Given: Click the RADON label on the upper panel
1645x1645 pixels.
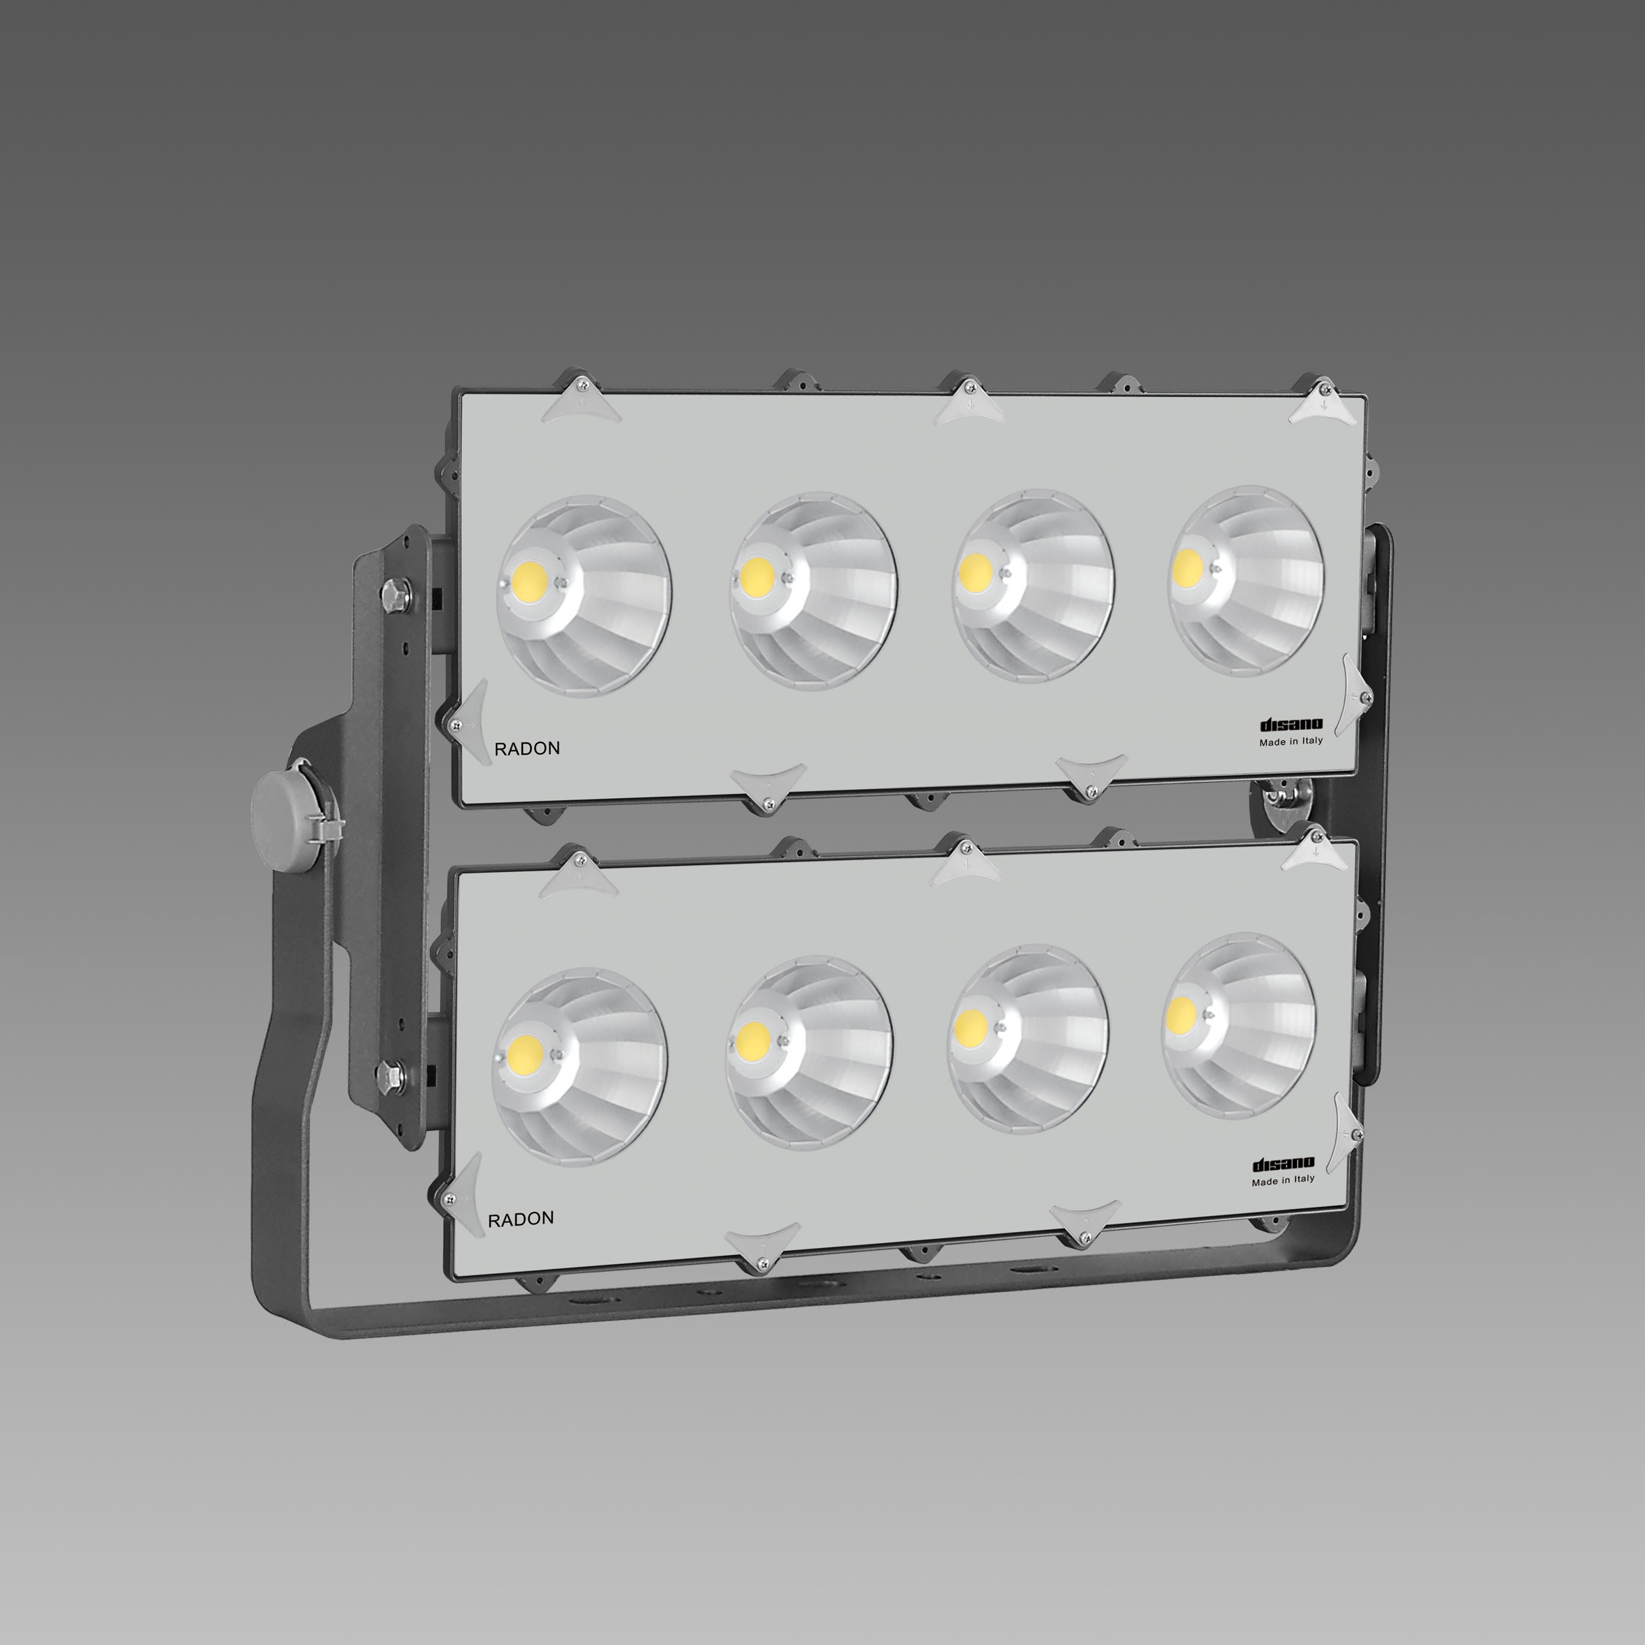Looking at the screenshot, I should coord(527,749).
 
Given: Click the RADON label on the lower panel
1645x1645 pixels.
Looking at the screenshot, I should coord(520,1218).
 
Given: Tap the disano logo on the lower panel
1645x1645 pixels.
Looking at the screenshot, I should coord(1283,1163).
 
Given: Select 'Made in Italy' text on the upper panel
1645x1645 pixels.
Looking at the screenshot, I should coord(1291,741).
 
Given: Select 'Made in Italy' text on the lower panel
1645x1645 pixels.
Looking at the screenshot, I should coord(1282,1179).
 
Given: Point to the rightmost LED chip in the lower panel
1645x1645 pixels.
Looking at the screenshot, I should coord(1181,1013).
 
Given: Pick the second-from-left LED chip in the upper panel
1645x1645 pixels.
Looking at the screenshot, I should coord(754,577).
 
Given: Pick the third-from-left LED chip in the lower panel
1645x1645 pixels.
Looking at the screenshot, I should coord(970,1028).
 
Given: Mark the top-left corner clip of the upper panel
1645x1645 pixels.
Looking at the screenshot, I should coord(582,398).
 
